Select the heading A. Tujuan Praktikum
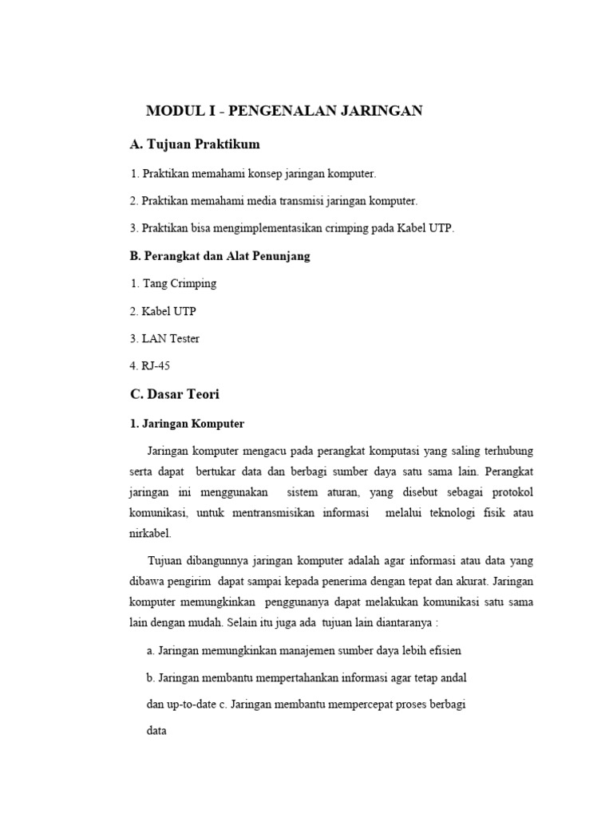[195, 144]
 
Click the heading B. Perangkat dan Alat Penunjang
[219, 256]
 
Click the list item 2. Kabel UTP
[162, 311]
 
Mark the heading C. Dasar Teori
[174, 394]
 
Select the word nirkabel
[150, 532]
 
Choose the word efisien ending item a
[443, 650]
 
